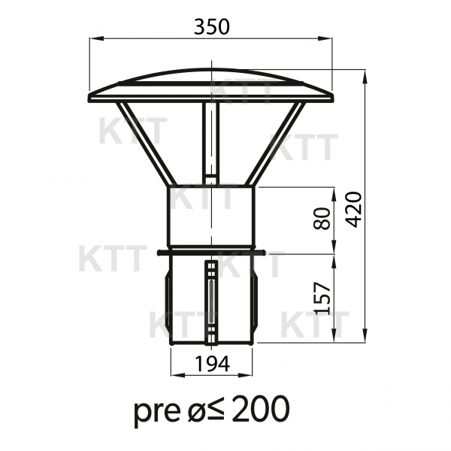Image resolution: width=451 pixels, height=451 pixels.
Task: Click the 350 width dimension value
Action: pos(212,27)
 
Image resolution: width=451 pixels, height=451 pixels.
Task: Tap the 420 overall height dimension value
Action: pos(353,210)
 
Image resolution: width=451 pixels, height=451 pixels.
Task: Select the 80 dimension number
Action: pos(322,218)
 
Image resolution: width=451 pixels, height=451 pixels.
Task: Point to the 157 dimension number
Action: pos(322,298)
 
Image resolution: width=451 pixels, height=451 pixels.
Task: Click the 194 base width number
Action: pos(212,364)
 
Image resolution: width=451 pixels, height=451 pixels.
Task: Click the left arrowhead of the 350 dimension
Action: pos(96,38)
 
